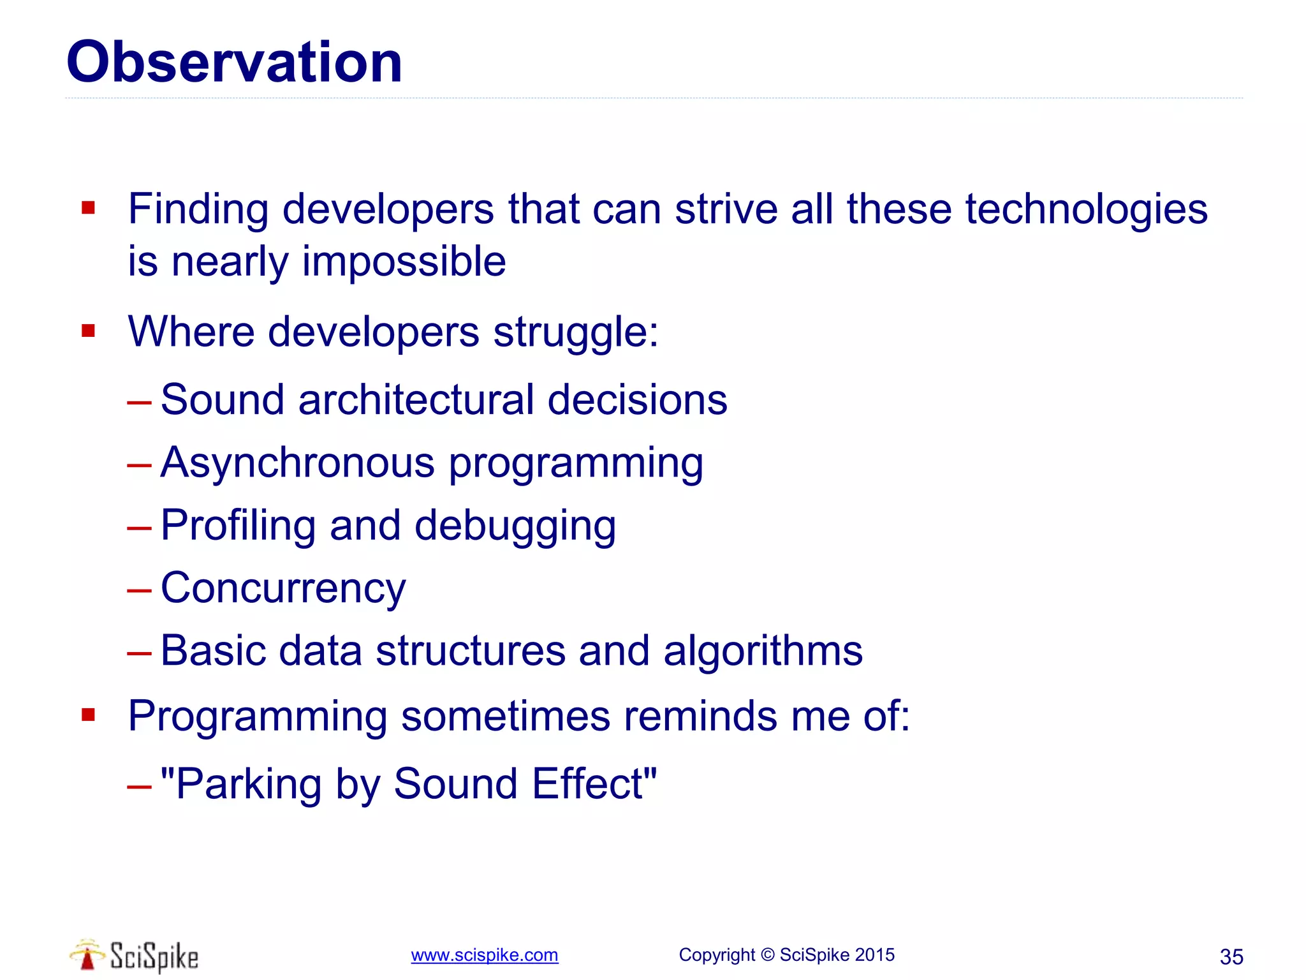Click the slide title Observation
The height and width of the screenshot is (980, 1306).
point(234,62)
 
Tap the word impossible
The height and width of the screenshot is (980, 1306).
point(404,262)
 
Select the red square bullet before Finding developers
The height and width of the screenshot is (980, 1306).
point(88,208)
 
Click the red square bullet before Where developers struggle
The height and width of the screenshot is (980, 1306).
point(88,330)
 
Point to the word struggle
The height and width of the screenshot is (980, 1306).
point(575,332)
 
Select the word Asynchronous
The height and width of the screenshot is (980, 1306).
point(297,462)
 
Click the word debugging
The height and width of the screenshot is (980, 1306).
point(515,526)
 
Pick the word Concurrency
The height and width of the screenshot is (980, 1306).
point(283,588)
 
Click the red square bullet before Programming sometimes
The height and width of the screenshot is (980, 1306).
point(88,715)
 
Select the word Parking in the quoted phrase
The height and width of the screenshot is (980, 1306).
point(247,783)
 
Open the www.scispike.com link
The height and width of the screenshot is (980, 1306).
point(484,955)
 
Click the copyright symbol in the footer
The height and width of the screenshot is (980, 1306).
point(768,955)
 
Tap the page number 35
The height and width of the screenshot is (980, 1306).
point(1231,957)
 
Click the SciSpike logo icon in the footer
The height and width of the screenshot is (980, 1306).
point(87,955)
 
